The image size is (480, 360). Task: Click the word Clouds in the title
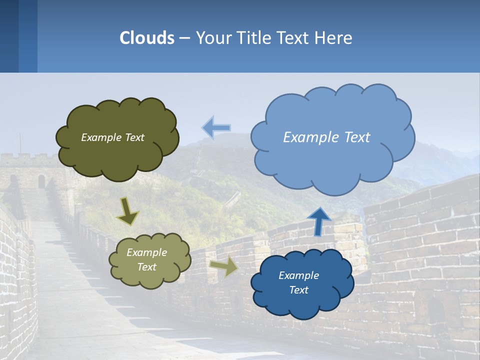147,38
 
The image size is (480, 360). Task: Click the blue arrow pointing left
216,128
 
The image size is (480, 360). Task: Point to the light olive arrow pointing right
224,267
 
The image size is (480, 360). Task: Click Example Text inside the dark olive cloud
112,137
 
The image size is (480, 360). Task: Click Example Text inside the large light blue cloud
326,137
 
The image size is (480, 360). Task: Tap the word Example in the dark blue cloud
298,275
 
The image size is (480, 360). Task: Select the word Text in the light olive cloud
146,267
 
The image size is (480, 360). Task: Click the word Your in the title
210,38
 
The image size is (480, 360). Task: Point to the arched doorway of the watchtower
41,181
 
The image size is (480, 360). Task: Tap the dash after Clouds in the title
184,38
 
